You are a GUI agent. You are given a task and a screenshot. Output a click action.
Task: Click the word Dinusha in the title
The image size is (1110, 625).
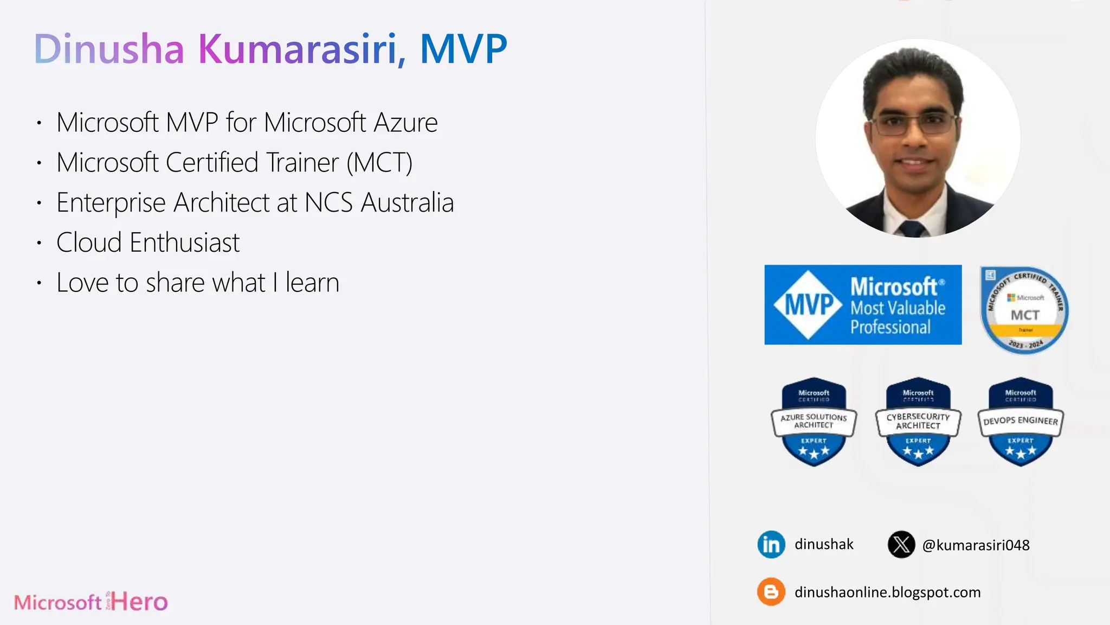pos(109,49)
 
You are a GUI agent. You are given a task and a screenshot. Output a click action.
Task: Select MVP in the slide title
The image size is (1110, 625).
pos(463,49)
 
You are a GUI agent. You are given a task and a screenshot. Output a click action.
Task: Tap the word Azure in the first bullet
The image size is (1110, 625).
pos(405,123)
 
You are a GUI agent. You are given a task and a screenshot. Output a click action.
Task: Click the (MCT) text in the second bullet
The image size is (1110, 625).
pos(379,163)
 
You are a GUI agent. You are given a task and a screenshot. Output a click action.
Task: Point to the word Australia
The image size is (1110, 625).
pos(407,203)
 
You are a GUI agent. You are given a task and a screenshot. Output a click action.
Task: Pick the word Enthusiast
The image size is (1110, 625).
pos(184,243)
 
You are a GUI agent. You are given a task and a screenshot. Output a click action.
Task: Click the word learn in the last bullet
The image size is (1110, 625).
pos(312,283)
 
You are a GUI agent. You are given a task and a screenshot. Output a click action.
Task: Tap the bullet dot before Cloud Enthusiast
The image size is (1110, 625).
pos(39,243)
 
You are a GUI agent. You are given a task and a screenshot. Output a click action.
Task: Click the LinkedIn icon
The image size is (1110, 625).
pos(771,544)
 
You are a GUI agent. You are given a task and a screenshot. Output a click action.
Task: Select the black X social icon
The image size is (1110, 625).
pos(901,544)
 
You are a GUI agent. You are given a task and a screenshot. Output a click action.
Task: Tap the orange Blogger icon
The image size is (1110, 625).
pos(771,592)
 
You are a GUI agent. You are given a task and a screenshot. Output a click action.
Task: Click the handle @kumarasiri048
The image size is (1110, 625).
pos(976,545)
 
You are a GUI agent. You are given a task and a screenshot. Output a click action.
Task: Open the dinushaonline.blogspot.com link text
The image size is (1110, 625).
pos(887,592)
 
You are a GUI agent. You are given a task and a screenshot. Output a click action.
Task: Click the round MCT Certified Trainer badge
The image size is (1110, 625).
pos(1024,310)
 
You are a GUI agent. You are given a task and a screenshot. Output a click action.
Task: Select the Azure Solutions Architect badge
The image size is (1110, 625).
pos(814,422)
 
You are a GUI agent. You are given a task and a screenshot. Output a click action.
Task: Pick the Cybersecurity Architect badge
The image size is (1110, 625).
pos(918,422)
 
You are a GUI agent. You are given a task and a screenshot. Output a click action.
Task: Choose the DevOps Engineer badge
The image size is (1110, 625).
pos(1021,422)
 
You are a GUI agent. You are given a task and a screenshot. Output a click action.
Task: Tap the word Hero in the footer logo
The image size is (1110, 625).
pos(140,602)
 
